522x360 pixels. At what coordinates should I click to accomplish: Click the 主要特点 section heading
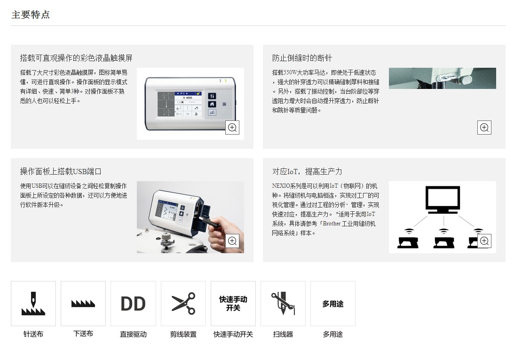coord(30,15)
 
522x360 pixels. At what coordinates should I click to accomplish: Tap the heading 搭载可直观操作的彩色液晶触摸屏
coord(76,58)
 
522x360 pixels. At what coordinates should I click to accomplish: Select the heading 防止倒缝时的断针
coord(302,58)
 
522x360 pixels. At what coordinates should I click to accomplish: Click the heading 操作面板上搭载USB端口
coord(61,171)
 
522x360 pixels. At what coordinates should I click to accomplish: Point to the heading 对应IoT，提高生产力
coord(307,171)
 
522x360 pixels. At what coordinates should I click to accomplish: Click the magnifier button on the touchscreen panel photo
coord(232,128)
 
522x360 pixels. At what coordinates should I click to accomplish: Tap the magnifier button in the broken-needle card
coord(484,128)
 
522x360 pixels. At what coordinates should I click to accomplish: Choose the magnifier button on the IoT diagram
coord(484,241)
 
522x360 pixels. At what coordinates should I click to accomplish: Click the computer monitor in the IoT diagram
coord(443,200)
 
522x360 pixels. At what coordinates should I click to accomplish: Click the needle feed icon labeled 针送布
coord(33,304)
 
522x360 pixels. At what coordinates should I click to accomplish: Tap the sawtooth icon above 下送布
coord(83,304)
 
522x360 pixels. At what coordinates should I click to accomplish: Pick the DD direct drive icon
coord(133,304)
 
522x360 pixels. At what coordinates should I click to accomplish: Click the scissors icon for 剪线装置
coord(183,304)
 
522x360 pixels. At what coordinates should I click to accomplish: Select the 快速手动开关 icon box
coord(233,304)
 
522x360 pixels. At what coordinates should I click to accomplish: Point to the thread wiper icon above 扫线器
coord(283,304)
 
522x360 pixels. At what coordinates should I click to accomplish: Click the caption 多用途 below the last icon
coord(333,334)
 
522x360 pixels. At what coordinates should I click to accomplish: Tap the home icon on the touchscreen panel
coord(212,104)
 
